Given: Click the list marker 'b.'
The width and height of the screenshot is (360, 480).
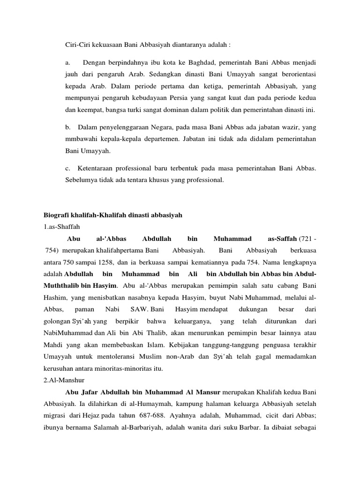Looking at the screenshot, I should (68, 127).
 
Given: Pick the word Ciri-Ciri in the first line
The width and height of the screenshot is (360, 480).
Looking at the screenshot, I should (76, 45).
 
